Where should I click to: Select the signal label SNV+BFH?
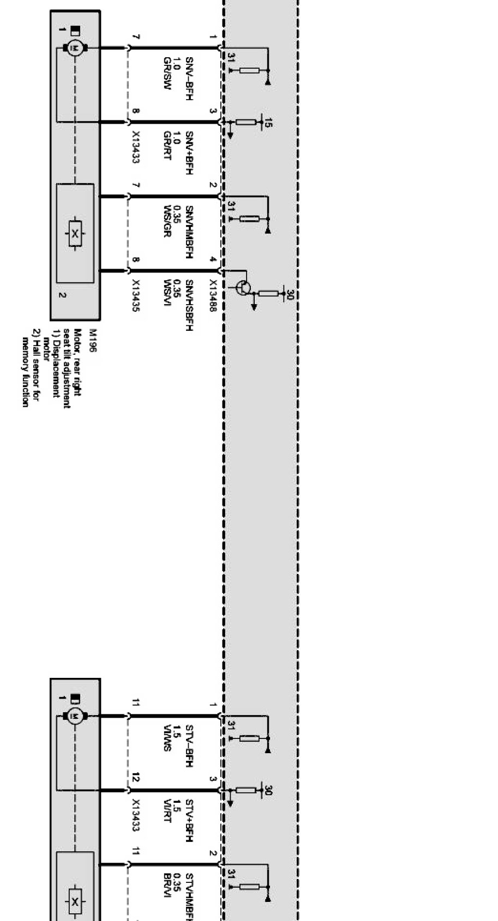click(189, 153)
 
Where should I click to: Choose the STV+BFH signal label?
click(189, 821)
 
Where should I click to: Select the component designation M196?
click(92, 340)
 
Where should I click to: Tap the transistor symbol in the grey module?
click(243, 287)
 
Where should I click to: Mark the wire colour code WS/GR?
click(167, 221)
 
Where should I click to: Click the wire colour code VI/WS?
click(167, 738)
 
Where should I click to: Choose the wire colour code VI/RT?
click(167, 810)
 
